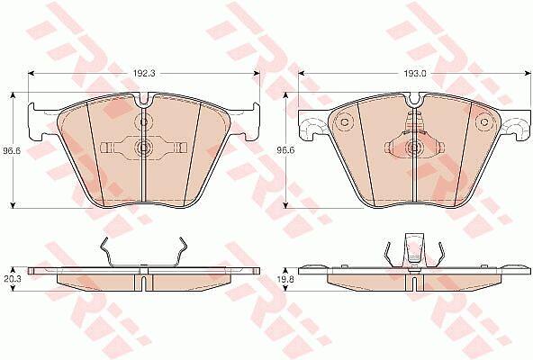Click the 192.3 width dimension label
click(x=144, y=74)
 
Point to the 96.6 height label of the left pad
click(x=13, y=150)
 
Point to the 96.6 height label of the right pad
click(x=285, y=150)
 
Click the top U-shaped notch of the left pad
click(x=144, y=99)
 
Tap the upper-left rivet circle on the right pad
click(x=344, y=122)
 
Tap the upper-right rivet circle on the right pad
click(x=484, y=122)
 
